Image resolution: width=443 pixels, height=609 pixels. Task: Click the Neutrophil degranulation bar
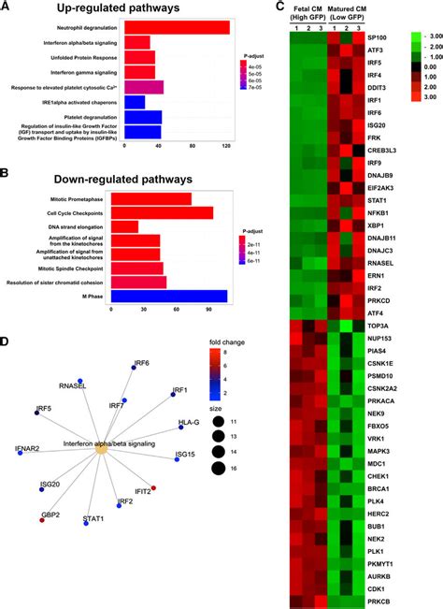[x=169, y=26]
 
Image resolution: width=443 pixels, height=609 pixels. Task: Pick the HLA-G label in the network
[x=190, y=423]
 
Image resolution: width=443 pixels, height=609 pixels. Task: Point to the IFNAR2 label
[x=28, y=450]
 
